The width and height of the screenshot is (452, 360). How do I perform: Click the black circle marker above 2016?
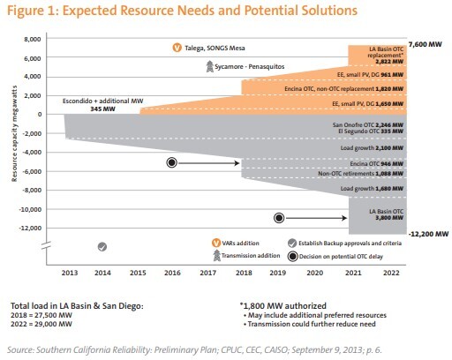tap(172, 162)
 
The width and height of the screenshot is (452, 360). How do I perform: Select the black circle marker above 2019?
tap(279, 217)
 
